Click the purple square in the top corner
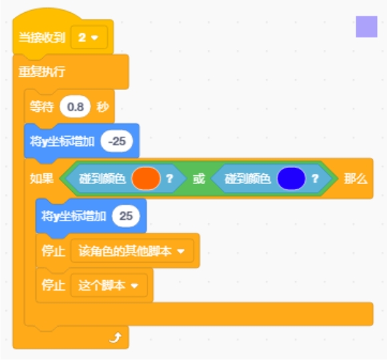[366, 27]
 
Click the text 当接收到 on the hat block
[41, 38]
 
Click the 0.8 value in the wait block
[75, 107]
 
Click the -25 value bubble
[117, 141]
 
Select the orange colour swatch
[146, 178]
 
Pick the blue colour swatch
[291, 178]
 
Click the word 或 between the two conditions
[198, 178]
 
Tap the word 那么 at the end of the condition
[355, 178]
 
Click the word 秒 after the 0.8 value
[102, 107]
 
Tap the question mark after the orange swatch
[170, 178]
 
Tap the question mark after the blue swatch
[315, 178]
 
